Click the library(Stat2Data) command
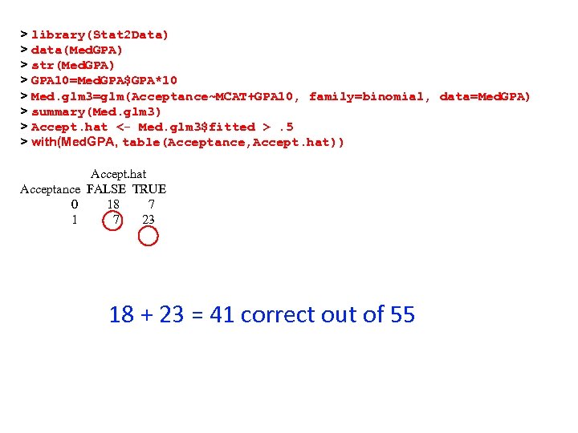[x=100, y=35]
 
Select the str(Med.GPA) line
[x=73, y=66]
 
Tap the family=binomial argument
[x=365, y=96]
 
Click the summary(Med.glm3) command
[x=96, y=111]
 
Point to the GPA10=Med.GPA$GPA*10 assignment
[x=104, y=81]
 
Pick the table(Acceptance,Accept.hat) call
[x=233, y=142]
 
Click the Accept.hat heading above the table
[x=119, y=174]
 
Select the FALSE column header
[x=106, y=189]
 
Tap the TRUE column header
[x=149, y=189]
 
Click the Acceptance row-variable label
[x=50, y=189]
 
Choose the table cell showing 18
[x=113, y=204]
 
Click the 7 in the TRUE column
[x=152, y=204]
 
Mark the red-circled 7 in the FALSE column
[x=116, y=220]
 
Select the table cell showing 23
[x=149, y=220]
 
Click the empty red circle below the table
[x=149, y=237]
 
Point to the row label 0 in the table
[x=75, y=204]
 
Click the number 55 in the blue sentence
[x=401, y=314]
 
